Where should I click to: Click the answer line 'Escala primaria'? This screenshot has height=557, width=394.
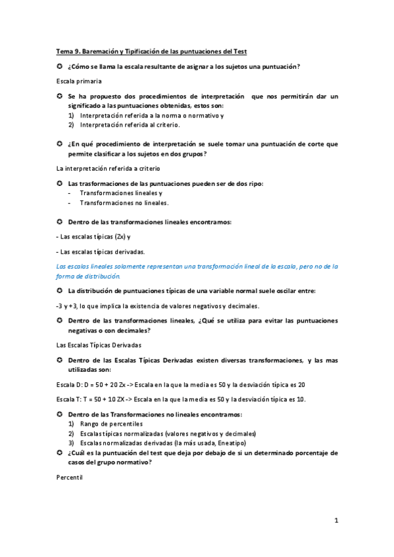click(x=79, y=81)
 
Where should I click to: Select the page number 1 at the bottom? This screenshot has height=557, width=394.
click(x=335, y=521)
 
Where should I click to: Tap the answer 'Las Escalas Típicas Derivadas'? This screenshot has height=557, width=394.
click(x=99, y=344)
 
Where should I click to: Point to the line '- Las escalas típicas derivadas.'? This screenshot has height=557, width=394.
click(x=101, y=252)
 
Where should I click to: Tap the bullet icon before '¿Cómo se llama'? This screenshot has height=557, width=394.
click(x=60, y=66)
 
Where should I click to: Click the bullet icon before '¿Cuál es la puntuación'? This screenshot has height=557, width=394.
click(x=60, y=453)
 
